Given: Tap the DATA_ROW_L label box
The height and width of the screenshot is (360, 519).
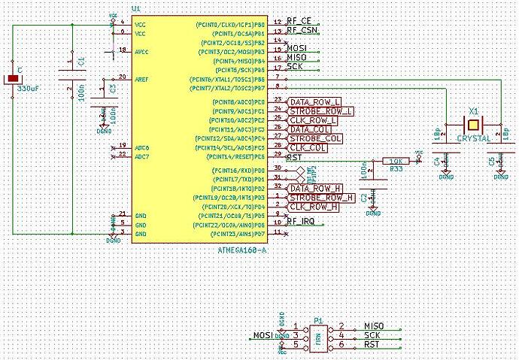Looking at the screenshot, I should pyautogui.click(x=316, y=101).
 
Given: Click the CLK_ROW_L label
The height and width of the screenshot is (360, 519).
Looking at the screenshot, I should pyautogui.click(x=314, y=119).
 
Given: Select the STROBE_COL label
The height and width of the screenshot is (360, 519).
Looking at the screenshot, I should pyautogui.click(x=315, y=138).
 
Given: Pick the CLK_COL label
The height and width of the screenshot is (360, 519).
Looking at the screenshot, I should pyautogui.click(x=308, y=148).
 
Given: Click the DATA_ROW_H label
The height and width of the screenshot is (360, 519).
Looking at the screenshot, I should pyautogui.click(x=316, y=187).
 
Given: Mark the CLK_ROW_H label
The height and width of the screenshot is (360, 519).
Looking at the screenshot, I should pyautogui.click(x=314, y=206).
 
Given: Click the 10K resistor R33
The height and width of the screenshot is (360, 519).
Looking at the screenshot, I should pyautogui.click(x=393, y=161).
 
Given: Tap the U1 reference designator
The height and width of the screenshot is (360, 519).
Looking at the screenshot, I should pyautogui.click(x=135, y=8).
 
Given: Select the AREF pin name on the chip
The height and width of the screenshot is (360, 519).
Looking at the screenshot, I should pyautogui.click(x=141, y=77).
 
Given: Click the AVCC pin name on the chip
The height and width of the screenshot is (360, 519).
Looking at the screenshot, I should pyautogui.click(x=141, y=51).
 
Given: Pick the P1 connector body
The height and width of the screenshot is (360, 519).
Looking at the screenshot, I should pyautogui.click(x=320, y=334).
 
